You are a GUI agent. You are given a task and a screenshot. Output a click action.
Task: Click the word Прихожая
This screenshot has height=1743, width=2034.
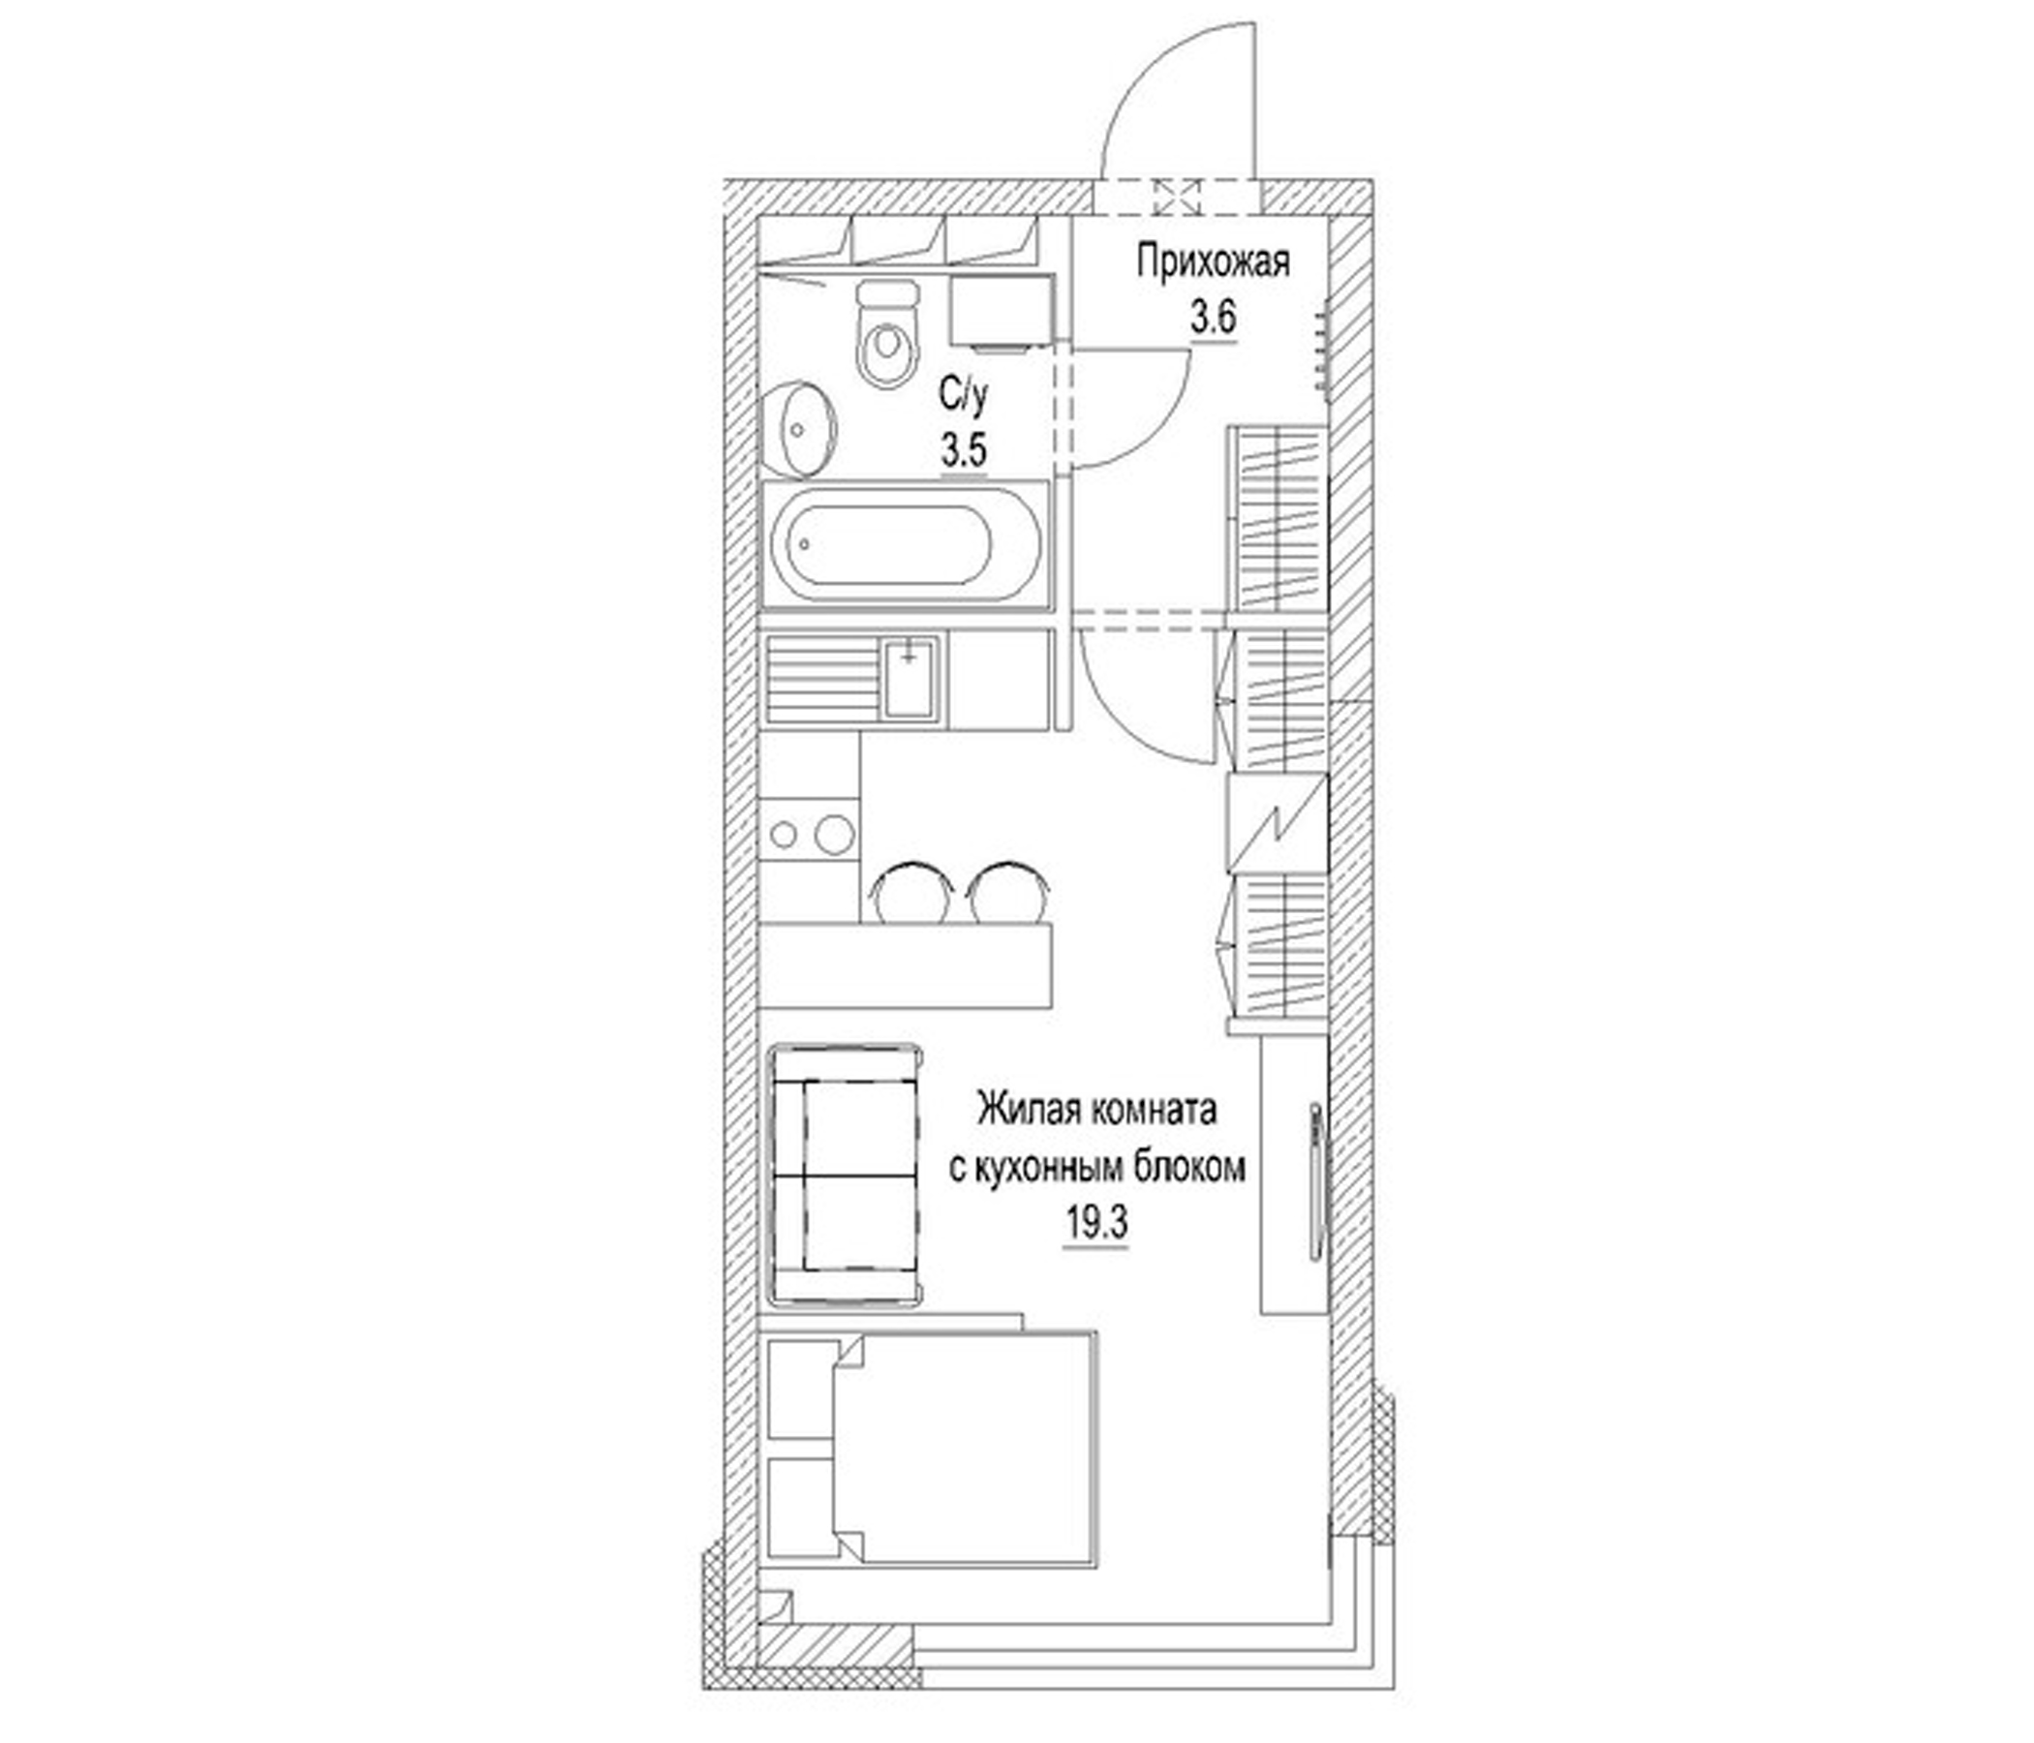(1213, 263)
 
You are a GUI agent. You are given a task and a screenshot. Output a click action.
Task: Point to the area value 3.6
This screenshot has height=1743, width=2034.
(1213, 319)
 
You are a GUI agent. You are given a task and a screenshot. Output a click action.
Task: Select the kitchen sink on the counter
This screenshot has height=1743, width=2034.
(909, 678)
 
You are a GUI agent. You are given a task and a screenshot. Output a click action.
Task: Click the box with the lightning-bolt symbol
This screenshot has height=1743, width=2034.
(1278, 820)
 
